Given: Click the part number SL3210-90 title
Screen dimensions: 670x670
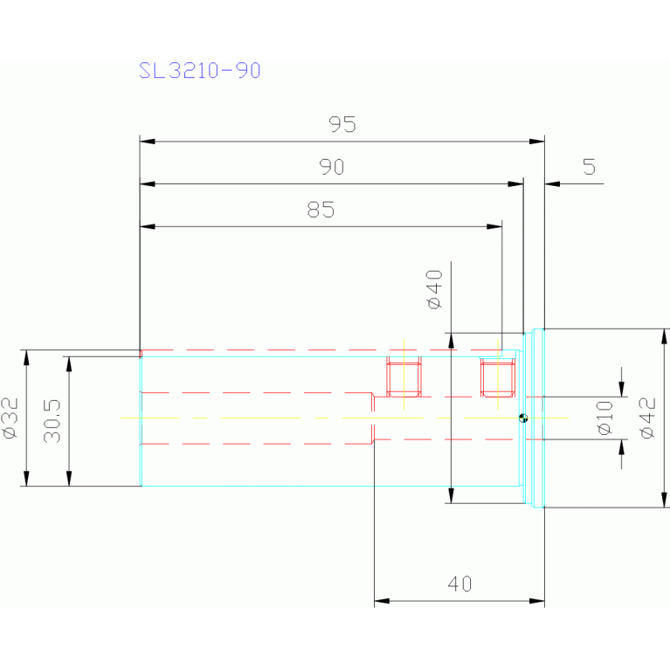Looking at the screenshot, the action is tap(199, 70).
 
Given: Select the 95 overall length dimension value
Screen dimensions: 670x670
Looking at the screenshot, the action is tap(342, 124).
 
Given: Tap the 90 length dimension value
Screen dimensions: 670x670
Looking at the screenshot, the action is tap(332, 167).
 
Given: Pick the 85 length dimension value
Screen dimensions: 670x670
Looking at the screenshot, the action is tap(321, 210).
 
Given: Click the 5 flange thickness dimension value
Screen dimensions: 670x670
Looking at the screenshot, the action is tap(590, 167).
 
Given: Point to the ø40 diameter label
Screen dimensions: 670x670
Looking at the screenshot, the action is tap(434, 289).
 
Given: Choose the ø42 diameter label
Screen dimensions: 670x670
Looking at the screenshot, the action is tap(648, 418).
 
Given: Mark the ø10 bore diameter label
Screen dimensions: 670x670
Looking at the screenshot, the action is tap(605, 418).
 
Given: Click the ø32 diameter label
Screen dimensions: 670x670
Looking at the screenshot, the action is tap(10, 418).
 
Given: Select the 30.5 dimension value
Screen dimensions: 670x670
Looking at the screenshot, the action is tap(52, 421).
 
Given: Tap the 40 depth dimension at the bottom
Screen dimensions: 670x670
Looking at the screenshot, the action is tap(459, 584).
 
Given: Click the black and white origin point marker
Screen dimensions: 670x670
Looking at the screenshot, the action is tap(523, 418).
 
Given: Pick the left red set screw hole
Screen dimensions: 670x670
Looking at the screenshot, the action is tap(404, 376).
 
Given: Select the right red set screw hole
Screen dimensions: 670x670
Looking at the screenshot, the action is tap(497, 376).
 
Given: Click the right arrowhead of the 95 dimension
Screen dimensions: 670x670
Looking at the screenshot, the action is tap(536, 141).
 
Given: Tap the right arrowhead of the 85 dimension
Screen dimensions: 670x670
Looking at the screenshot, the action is tap(494, 226).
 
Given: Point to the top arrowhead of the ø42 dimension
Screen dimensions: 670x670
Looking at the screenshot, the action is tap(664, 336).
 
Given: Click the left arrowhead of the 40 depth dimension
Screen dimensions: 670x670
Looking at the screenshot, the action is tap(382, 601).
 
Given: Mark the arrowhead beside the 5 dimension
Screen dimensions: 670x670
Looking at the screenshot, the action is tap(552, 183).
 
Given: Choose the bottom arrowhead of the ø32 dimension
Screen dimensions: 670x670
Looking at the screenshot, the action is tap(26, 478).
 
